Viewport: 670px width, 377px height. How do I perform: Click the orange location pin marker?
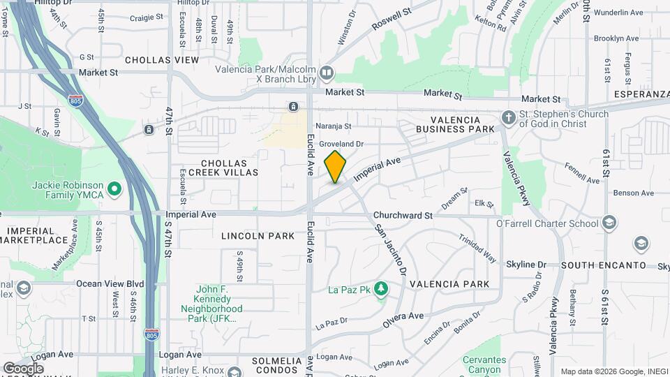(x=336, y=166)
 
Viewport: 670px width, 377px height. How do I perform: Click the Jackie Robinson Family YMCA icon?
(x=115, y=189)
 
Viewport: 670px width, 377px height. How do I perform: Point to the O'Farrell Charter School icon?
(x=610, y=223)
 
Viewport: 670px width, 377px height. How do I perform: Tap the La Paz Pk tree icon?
(x=381, y=288)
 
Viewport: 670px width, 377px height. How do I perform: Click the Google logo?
(x=23, y=367)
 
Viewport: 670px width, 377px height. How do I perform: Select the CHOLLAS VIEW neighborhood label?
(x=162, y=61)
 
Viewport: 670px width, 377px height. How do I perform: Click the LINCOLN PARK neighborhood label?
(x=258, y=236)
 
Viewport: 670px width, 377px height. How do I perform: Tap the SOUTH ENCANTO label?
(x=604, y=265)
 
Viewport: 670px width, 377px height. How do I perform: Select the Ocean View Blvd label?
(x=110, y=284)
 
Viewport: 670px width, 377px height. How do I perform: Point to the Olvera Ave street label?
(x=403, y=321)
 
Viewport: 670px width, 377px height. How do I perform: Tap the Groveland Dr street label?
(x=342, y=144)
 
